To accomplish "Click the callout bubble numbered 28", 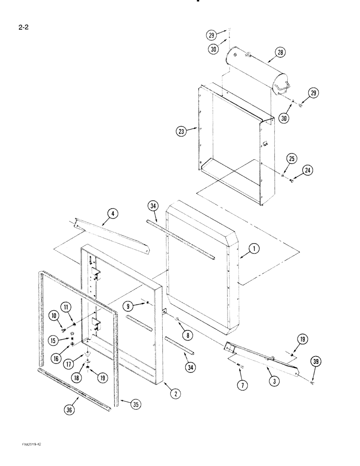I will [x=280, y=53].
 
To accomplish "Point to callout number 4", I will [x=112, y=214].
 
